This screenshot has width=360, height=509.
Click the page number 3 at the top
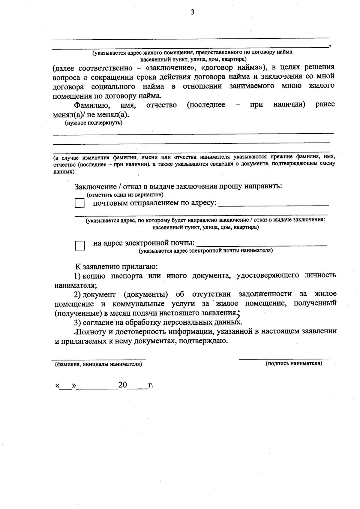192,13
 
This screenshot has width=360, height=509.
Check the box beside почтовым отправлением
79,203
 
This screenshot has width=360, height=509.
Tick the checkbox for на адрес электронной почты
80,245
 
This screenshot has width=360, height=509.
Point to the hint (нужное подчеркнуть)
94,123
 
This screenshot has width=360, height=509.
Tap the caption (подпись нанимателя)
294,363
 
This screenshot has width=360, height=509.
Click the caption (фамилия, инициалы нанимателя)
98,364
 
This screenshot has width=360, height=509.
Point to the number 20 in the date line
123,385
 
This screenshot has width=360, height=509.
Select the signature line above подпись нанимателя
286,358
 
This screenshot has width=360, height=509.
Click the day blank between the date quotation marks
66,386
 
